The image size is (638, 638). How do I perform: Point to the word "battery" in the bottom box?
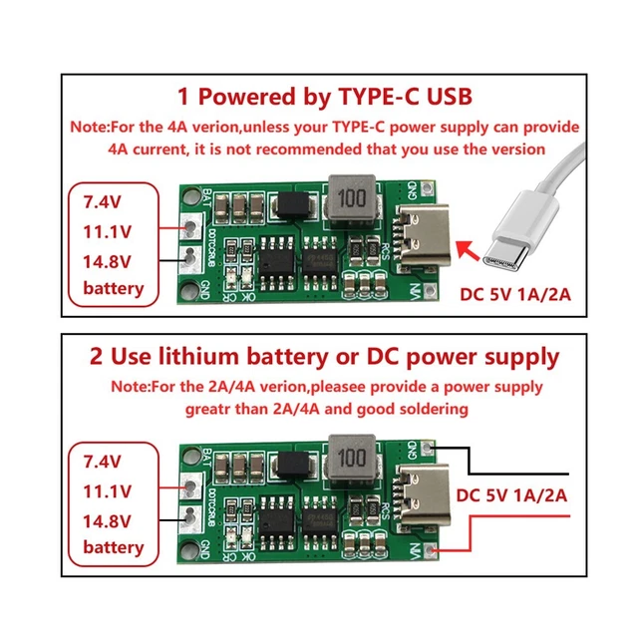pos(113,547)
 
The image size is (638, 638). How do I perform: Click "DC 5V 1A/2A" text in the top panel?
pos(518,294)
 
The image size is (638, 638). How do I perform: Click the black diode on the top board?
pos(292,205)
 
